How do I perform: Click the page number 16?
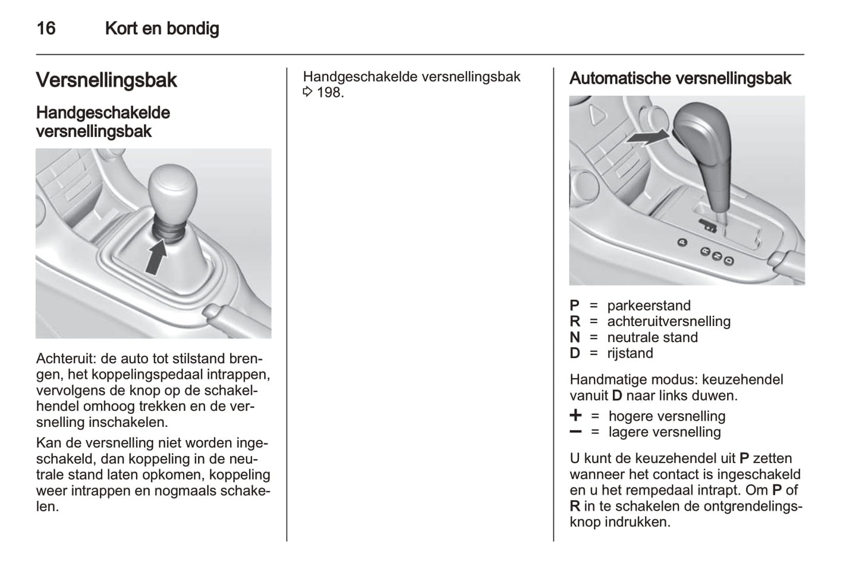point(46,29)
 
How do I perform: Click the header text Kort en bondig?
point(162,29)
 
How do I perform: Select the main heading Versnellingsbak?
point(106,80)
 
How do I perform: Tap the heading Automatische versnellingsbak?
point(680,78)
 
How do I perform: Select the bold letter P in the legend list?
point(574,306)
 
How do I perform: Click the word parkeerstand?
point(649,306)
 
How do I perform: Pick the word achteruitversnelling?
point(669,322)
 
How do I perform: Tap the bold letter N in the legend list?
point(574,338)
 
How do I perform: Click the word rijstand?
point(630,353)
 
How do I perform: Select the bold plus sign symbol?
point(575,415)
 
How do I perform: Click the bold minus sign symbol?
point(575,432)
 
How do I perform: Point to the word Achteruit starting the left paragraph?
point(66,359)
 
